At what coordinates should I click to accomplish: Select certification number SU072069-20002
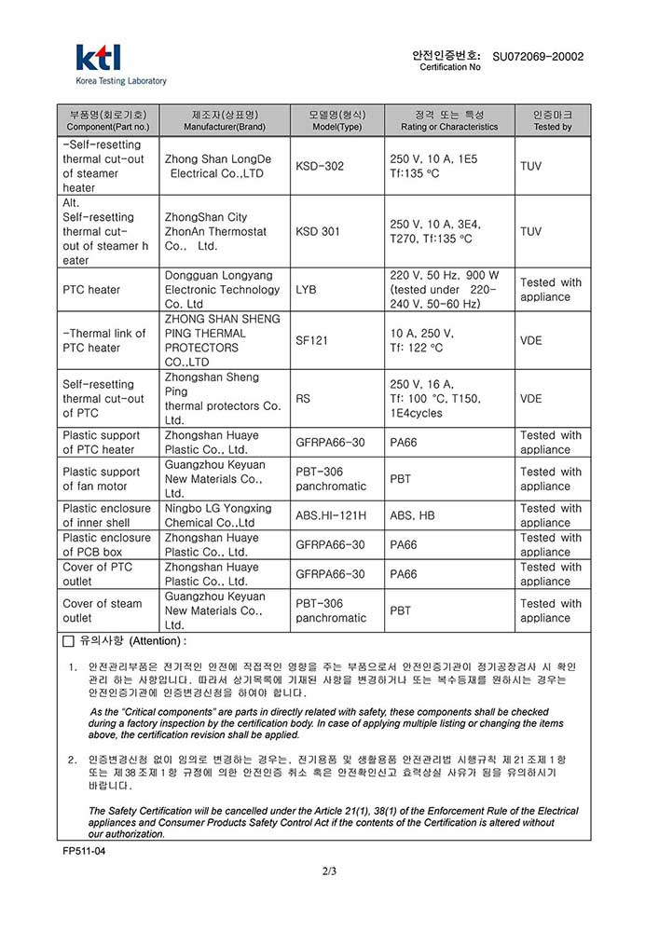point(538,57)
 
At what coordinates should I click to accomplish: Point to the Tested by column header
point(553,120)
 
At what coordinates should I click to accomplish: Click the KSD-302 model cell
point(320,166)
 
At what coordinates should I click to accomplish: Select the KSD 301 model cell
point(318,231)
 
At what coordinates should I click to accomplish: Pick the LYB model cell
point(306,290)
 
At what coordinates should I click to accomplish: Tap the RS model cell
point(303,399)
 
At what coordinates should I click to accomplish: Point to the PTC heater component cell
point(91,290)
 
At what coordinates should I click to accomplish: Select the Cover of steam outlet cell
point(103,610)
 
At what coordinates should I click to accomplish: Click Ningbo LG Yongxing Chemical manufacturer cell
point(218,515)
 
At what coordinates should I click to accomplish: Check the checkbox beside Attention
point(68,642)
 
